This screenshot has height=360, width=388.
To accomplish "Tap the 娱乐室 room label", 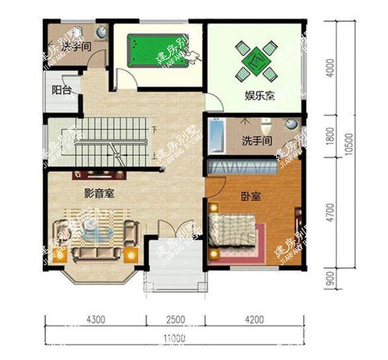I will click(x=259, y=96).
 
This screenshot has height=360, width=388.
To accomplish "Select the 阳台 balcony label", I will click(x=61, y=91).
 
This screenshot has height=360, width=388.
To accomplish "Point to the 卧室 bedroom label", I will click(x=250, y=196).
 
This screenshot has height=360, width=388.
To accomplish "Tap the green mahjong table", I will click(x=255, y=61).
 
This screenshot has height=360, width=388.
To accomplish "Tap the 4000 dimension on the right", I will click(x=330, y=67).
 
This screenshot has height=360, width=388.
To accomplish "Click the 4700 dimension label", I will click(x=330, y=212).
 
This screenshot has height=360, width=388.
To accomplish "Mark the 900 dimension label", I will click(x=330, y=278).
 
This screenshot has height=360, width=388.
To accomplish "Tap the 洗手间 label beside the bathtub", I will click(x=256, y=142).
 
